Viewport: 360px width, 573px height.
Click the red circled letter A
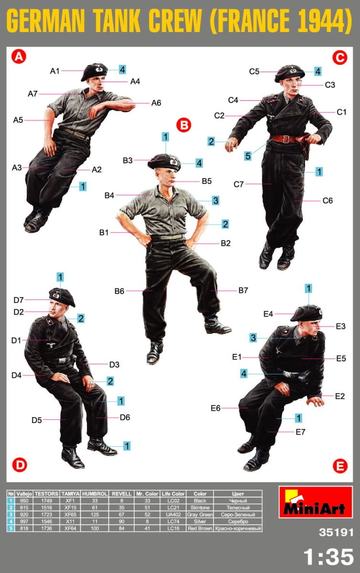(19, 56)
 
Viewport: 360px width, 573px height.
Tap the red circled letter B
(184, 125)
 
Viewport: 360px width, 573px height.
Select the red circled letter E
(340, 466)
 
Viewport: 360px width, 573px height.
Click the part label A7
(33, 94)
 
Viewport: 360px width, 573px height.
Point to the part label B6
(119, 291)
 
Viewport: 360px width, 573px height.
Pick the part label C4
(233, 100)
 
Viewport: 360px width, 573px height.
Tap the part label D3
(114, 364)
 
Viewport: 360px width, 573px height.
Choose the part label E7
(300, 432)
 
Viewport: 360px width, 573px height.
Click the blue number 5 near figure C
(248, 156)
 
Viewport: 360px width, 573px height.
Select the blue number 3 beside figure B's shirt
(216, 200)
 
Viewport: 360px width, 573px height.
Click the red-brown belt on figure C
(283, 139)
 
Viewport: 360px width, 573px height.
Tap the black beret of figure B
(164, 161)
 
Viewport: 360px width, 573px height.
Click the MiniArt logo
(316, 502)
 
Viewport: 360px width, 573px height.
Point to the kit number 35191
(336, 532)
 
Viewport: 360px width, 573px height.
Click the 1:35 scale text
(328, 557)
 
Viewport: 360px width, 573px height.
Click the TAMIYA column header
(70, 493)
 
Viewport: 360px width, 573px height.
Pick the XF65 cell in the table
(70, 514)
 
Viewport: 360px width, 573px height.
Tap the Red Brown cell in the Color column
(200, 528)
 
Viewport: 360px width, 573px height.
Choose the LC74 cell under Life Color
(173, 521)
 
